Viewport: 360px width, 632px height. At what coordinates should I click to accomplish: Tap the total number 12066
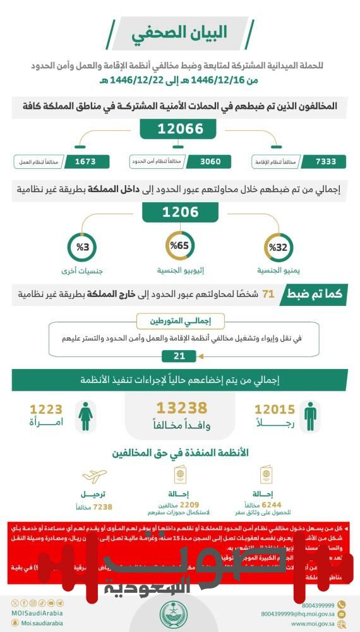(180, 129)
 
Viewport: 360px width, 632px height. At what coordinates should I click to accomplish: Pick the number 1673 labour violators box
(85, 161)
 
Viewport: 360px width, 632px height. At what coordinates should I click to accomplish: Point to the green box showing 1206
(181, 212)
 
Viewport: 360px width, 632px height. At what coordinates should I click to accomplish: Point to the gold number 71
(268, 294)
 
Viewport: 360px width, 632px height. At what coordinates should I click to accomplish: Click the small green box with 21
(180, 356)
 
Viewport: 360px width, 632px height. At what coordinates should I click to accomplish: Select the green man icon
(309, 415)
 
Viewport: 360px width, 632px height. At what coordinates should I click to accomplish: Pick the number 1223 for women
(46, 410)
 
